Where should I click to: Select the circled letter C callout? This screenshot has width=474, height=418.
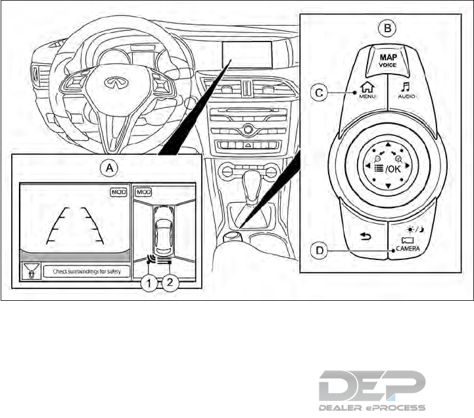tap(318, 93)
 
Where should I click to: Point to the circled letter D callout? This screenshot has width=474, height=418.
tap(318, 250)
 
